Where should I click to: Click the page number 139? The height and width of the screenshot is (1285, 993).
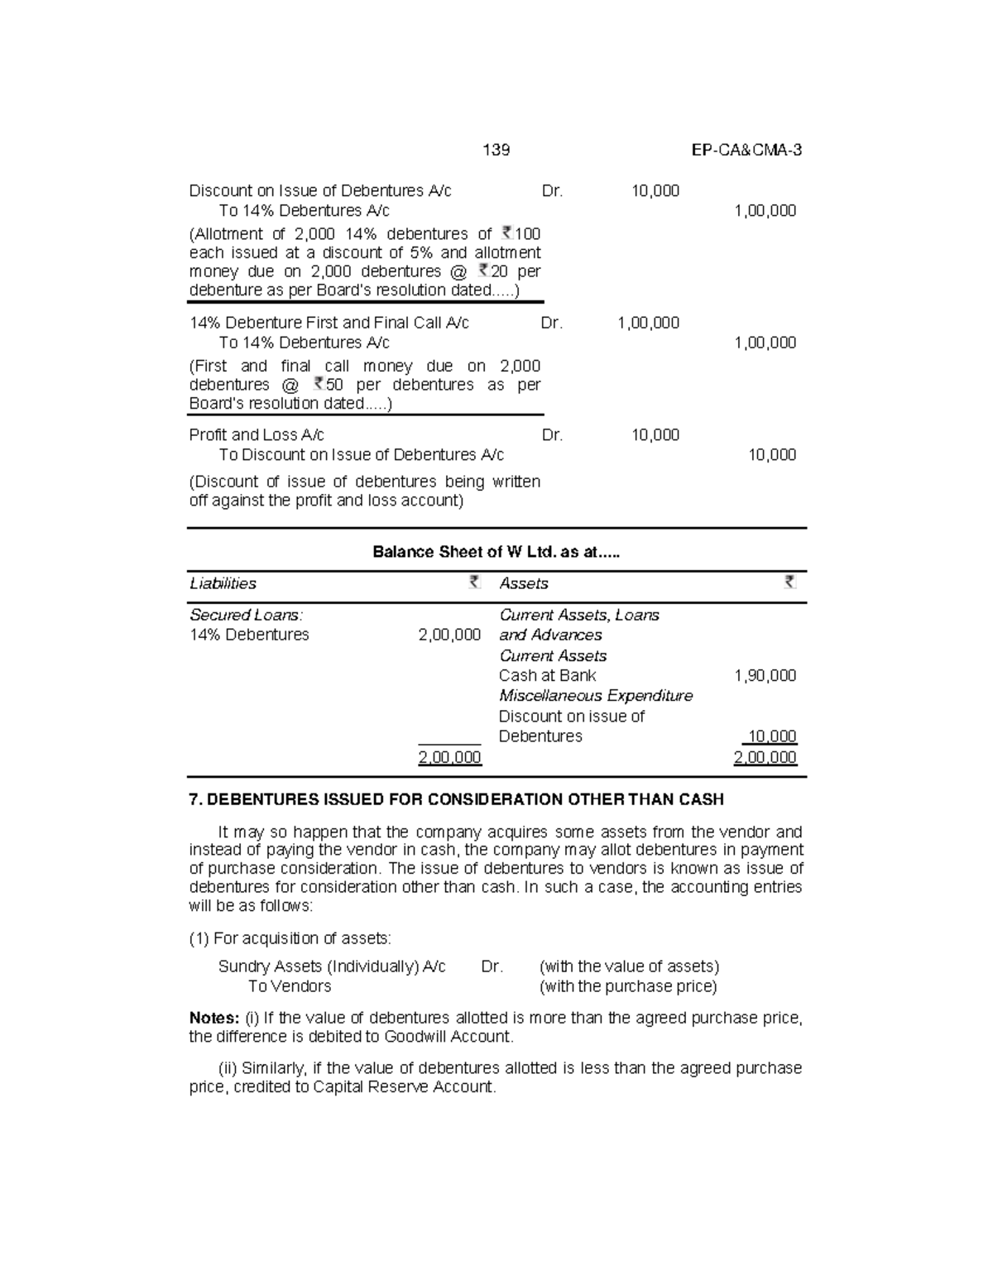point(496,150)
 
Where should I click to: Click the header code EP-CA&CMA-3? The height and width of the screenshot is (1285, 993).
point(746,150)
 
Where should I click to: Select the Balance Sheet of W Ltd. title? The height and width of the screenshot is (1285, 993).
point(496,552)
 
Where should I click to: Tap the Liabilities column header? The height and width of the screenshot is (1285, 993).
point(223,583)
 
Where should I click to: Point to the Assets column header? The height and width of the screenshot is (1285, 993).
point(524,583)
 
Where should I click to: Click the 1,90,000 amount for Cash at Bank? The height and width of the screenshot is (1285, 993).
point(765,675)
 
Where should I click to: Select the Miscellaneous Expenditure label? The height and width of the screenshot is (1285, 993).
point(596,696)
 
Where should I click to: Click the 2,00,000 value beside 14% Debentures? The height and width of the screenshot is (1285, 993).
point(449,635)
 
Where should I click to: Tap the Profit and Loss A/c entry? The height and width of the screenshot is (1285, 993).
point(257,434)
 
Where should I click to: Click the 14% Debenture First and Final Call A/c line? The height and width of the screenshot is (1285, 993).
point(329,323)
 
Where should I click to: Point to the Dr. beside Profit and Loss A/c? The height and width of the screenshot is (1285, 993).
point(552,434)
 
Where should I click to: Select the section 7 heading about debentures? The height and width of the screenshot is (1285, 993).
point(456,799)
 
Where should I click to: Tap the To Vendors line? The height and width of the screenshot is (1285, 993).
point(290,986)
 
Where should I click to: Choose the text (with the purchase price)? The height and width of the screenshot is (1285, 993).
point(628,986)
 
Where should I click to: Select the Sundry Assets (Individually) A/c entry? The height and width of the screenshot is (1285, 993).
point(332,966)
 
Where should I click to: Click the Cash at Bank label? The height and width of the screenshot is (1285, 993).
point(547,675)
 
